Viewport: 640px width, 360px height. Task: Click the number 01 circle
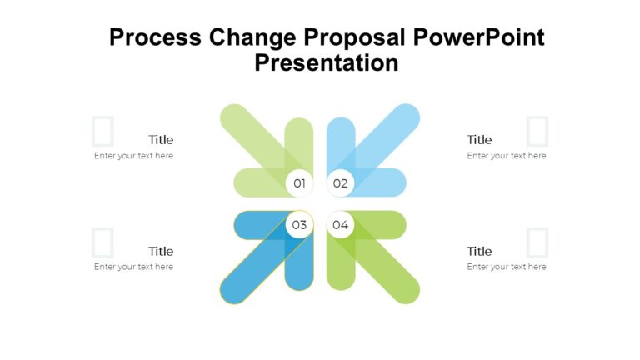tap(299, 182)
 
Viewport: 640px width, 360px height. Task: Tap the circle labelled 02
tap(340, 182)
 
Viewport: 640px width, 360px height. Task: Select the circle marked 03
tap(299, 224)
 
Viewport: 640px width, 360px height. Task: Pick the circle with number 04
tap(340, 224)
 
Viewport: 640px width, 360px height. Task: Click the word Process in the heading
tap(156, 37)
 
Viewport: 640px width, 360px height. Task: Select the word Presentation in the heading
tap(327, 63)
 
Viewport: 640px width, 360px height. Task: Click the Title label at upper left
tap(161, 140)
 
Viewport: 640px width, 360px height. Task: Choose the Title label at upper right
tap(479, 140)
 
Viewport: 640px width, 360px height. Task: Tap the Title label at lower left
tap(161, 251)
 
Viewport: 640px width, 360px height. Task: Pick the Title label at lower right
tap(479, 251)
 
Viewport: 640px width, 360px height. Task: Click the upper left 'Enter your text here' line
tap(133, 156)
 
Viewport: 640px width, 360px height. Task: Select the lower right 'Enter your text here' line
tap(507, 267)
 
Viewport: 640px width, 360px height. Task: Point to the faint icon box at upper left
tap(102, 132)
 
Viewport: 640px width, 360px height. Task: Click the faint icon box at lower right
tap(538, 242)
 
